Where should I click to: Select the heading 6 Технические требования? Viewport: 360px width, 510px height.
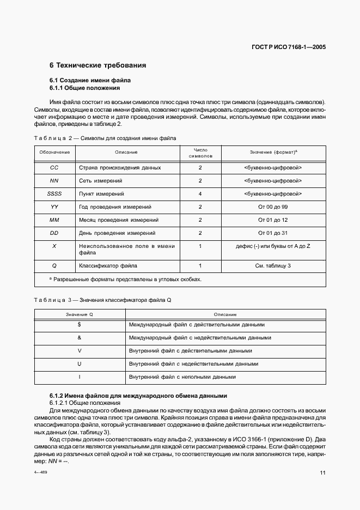coord(98,65)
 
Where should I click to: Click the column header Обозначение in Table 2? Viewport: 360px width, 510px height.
coord(54,153)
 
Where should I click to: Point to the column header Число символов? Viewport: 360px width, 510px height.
coord(200,153)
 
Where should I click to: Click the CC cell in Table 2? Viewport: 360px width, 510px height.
coord(54,168)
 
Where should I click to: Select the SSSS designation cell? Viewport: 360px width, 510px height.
coord(54,193)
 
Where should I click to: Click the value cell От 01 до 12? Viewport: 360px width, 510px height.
coord(273,220)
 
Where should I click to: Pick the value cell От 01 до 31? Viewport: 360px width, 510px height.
coord(273,233)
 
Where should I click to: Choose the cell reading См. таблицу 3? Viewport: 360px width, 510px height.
coord(273,266)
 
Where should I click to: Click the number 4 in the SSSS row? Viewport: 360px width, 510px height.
coord(200,193)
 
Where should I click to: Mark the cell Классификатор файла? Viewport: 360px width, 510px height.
coord(108,266)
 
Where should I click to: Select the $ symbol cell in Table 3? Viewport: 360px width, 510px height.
coord(80,325)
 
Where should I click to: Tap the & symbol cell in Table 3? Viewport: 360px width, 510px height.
coord(80,338)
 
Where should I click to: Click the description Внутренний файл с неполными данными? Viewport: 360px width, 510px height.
coord(182,377)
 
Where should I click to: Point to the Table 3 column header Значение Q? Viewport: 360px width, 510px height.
coord(80,314)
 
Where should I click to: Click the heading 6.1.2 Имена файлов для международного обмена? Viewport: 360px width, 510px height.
coord(138,395)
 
